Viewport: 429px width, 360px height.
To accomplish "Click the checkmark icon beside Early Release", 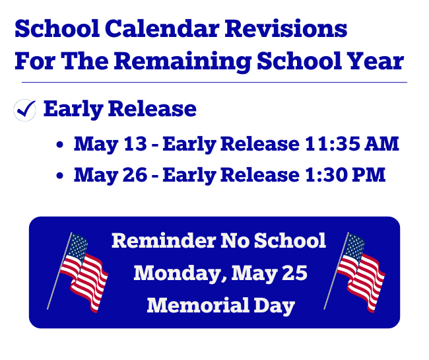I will click(24, 110).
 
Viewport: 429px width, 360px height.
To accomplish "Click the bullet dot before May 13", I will click(61, 145).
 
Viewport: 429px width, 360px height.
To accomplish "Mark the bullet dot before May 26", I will click(61, 176).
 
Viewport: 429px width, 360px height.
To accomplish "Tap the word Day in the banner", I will click(272, 305).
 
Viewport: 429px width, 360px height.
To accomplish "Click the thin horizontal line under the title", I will click(214, 83).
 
